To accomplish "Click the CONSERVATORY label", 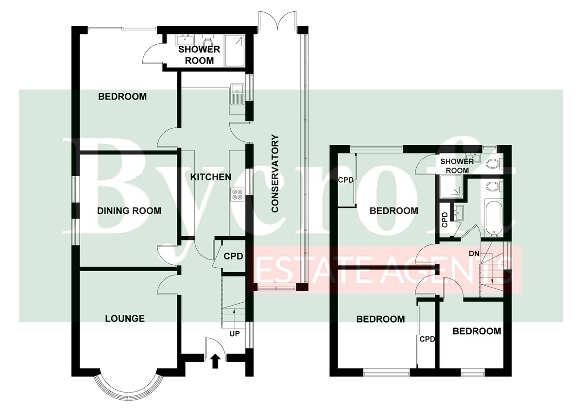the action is (x=275, y=173).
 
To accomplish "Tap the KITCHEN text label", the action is (x=210, y=177).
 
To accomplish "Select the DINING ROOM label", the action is (x=129, y=211).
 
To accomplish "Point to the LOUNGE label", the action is (x=125, y=318).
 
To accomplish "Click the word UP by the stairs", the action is (x=235, y=334).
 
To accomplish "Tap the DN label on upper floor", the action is (x=474, y=254).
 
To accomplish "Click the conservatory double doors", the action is (x=278, y=20).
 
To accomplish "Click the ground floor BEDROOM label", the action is (x=122, y=97).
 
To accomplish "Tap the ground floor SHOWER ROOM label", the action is (x=199, y=55).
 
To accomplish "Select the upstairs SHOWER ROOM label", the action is (x=457, y=166).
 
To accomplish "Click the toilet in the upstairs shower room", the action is (x=494, y=164).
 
